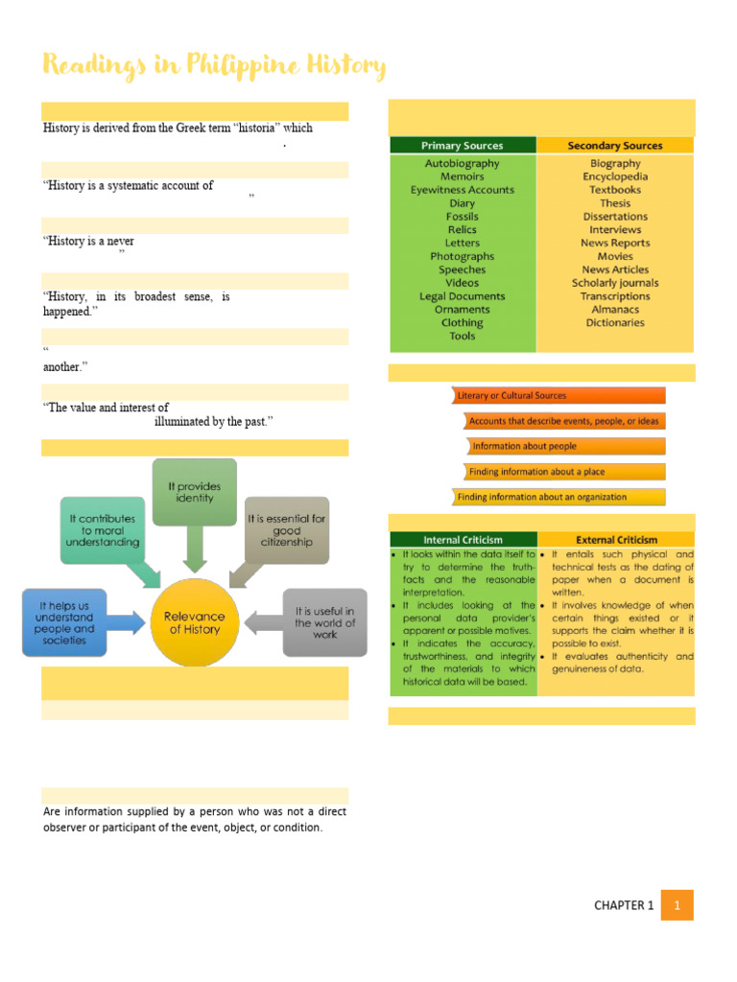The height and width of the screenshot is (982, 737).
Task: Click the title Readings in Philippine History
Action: coord(215,66)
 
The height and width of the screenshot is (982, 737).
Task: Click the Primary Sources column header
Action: coord(462,146)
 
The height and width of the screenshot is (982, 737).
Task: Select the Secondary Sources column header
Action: coord(614,146)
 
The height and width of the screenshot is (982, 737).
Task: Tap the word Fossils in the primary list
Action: coord(462,217)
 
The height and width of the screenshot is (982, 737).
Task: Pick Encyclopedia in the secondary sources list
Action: coord(614,176)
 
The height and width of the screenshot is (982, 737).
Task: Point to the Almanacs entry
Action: coord(614,310)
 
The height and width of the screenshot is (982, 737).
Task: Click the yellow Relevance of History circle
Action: coord(195,622)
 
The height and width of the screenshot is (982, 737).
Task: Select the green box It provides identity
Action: coord(194,491)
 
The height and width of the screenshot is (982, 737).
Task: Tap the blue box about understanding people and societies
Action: coord(64,623)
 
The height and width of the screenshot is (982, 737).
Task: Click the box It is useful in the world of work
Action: coord(324,622)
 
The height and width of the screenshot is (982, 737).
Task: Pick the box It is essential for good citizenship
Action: coord(286,529)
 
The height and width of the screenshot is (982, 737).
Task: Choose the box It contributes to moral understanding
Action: coord(104,529)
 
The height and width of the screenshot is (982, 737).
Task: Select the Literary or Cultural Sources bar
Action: coord(559,395)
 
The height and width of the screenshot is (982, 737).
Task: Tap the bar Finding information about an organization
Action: coord(559,497)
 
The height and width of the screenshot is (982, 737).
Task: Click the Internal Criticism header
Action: coord(463,540)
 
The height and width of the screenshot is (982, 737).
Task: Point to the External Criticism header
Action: coord(616,540)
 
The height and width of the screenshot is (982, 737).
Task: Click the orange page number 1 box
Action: coord(678,905)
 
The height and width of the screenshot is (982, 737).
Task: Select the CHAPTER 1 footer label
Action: coord(623,905)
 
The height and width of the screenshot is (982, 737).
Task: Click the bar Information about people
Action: coord(566,446)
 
